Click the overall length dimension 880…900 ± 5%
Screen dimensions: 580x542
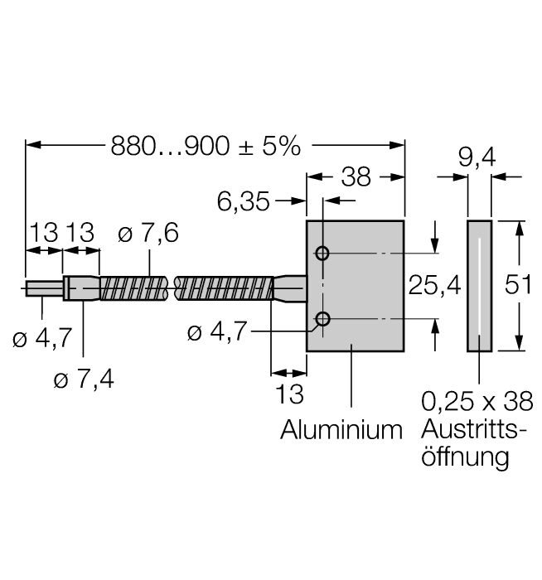(205, 146)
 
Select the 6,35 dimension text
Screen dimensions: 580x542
(244, 201)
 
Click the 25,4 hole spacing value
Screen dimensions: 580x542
(433, 286)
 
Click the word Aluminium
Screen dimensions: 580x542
(341, 431)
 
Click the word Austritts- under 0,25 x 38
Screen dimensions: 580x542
(470, 431)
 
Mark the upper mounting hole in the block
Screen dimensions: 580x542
(322, 253)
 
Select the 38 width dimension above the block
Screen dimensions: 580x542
(356, 177)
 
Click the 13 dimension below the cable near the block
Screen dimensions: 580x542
(290, 394)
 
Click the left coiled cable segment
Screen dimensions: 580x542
(135, 288)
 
